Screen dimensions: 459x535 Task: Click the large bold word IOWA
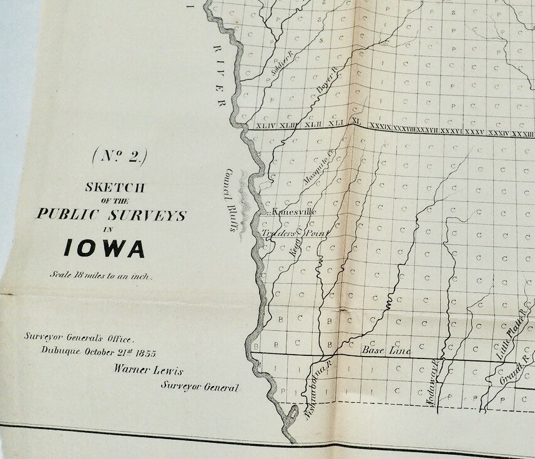click(106, 249)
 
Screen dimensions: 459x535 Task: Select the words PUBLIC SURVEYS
click(111, 215)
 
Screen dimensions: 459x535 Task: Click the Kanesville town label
click(294, 212)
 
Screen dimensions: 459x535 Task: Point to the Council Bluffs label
click(232, 200)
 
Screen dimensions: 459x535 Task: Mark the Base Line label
click(386, 352)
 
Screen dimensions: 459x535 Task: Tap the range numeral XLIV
click(265, 126)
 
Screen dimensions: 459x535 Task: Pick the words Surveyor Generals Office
click(79, 337)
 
